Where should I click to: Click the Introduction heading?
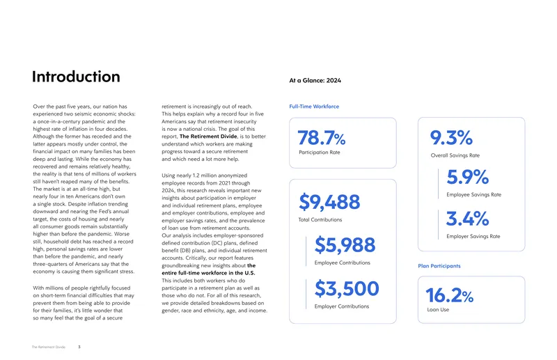tap(76, 77)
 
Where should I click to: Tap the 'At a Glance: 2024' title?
tap(315, 80)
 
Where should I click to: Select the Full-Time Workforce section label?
tap(314, 107)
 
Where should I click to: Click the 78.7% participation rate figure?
tap(322, 138)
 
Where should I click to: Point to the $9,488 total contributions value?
tap(329, 202)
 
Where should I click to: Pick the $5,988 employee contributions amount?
tap(345, 245)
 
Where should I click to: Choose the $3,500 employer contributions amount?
tap(347, 288)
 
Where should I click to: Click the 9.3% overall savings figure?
tap(451, 138)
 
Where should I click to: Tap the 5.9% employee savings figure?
tap(467, 177)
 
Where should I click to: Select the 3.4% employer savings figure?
tap(467, 218)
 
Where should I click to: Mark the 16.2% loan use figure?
tap(449, 295)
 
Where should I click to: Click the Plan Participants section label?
tap(439, 266)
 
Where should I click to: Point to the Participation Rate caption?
tap(320, 152)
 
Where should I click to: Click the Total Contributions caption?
tap(320, 219)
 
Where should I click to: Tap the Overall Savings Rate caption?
tap(455, 155)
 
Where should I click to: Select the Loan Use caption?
tap(438, 310)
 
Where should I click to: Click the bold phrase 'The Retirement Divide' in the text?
tap(208, 136)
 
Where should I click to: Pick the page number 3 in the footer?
tap(79, 347)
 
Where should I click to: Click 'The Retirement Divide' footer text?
tap(49, 347)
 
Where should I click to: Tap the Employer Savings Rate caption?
tap(473, 236)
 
